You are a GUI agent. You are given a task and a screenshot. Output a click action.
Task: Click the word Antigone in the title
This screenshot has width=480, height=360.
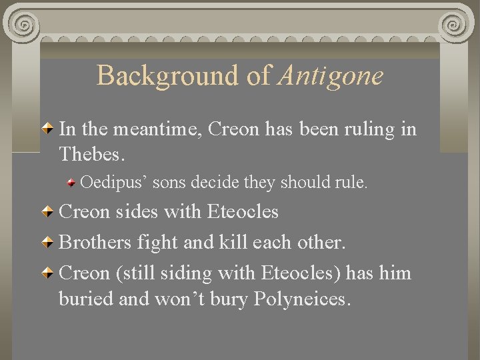331,75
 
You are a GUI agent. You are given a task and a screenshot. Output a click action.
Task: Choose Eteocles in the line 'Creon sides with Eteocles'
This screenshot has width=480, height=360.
243,212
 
